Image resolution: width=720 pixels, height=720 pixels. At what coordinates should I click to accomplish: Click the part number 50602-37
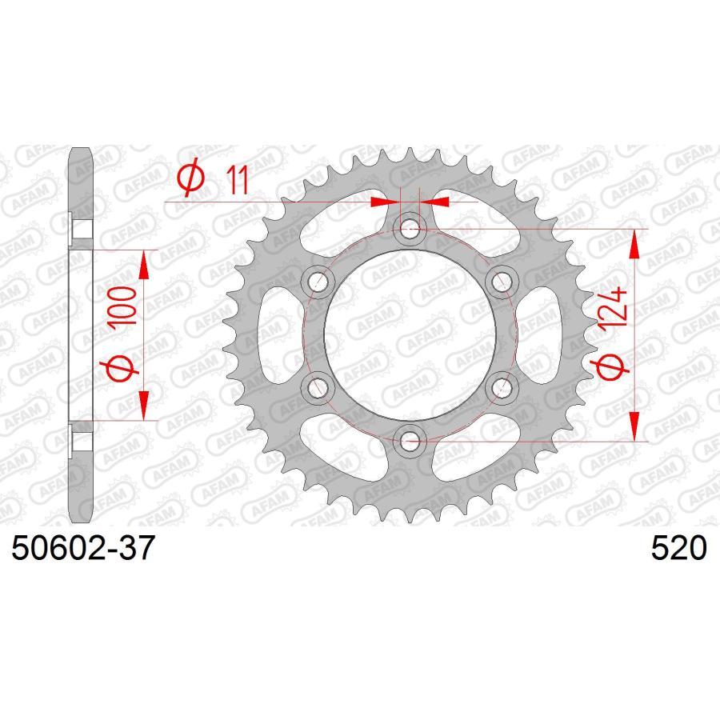pyautogui.click(x=82, y=548)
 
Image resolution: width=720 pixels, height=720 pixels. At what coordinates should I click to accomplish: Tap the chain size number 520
pyautogui.click(x=678, y=548)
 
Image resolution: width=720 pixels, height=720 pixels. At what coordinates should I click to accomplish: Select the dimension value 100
pyautogui.click(x=123, y=306)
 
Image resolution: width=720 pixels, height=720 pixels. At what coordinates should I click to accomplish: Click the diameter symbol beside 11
pyautogui.click(x=191, y=177)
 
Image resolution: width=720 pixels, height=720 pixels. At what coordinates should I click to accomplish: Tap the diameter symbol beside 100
pyautogui.click(x=122, y=368)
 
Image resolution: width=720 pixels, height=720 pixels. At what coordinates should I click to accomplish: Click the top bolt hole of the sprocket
pyautogui.click(x=409, y=228)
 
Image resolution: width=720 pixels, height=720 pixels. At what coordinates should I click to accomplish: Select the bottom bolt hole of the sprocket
pyautogui.click(x=409, y=442)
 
